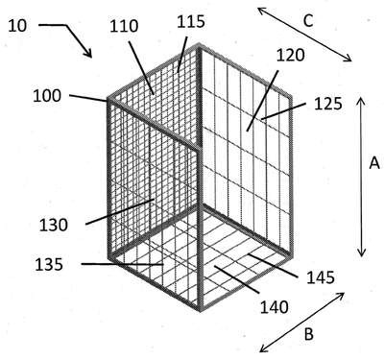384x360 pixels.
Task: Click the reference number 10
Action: pyautogui.click(x=17, y=26)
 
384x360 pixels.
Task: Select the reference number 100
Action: pyautogui.click(x=47, y=96)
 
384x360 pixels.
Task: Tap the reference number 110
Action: pyautogui.click(x=124, y=26)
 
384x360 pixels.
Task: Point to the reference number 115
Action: pyautogui.click(x=191, y=21)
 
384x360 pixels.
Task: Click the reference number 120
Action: pyautogui.click(x=290, y=55)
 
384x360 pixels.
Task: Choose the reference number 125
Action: pyautogui.click(x=328, y=104)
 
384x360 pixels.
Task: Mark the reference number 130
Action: pyautogui.click(x=54, y=225)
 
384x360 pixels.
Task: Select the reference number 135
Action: pyautogui.click(x=49, y=265)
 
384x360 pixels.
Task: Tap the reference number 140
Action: pyautogui.click(x=275, y=307)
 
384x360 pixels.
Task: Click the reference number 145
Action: pyautogui.click(x=321, y=277)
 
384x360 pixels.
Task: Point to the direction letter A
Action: pyautogui.click(x=374, y=163)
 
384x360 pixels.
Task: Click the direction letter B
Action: pyautogui.click(x=308, y=334)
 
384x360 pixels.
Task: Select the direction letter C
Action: pyautogui.click(x=308, y=21)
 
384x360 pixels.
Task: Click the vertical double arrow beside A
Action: pyautogui.click(x=361, y=177)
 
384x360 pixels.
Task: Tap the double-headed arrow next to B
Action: pyautogui.click(x=302, y=322)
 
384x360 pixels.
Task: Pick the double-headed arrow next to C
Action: pyautogui.click(x=305, y=35)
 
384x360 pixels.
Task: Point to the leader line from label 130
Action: pyautogui.click(x=120, y=211)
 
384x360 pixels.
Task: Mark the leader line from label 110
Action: pyautogui.click(x=142, y=67)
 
